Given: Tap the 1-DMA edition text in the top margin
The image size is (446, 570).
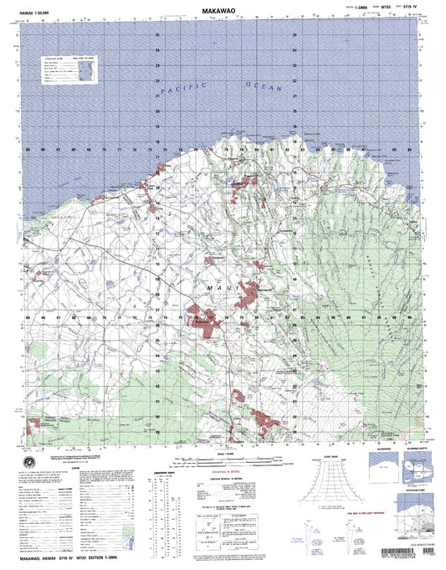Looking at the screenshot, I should pyautogui.click(x=337, y=9).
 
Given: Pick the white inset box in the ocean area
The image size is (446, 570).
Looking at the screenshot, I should pyautogui.click(x=69, y=69).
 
